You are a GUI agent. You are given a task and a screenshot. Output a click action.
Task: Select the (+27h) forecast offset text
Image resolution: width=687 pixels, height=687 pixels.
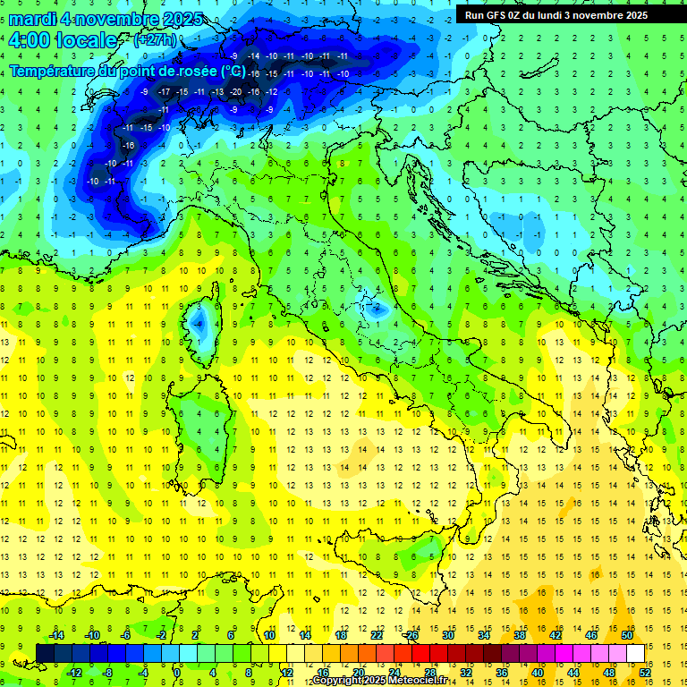tap(154, 40)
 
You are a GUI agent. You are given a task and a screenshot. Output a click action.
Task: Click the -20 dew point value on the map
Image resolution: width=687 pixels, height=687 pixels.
tap(236, 91)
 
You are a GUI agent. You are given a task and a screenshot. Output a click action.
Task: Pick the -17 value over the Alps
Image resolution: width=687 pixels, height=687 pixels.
tap(165, 91)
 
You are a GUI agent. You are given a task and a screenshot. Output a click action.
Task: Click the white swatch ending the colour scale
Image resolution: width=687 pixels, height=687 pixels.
tap(636, 653)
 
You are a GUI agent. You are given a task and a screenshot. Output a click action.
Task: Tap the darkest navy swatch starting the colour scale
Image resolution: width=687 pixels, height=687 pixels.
tap(45, 653)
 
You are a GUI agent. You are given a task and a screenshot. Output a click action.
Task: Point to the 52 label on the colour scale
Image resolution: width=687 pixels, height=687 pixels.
tap(646, 673)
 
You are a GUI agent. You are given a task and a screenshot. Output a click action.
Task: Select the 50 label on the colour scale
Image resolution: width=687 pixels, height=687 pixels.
tap(627, 635)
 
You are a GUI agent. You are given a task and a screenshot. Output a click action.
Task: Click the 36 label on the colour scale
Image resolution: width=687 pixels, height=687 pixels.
tap(503, 673)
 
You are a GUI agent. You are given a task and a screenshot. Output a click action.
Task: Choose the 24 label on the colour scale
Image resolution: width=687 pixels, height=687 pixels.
tap(394, 673)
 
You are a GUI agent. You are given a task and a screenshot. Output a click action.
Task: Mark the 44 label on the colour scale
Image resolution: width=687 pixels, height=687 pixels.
tap(573, 673)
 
